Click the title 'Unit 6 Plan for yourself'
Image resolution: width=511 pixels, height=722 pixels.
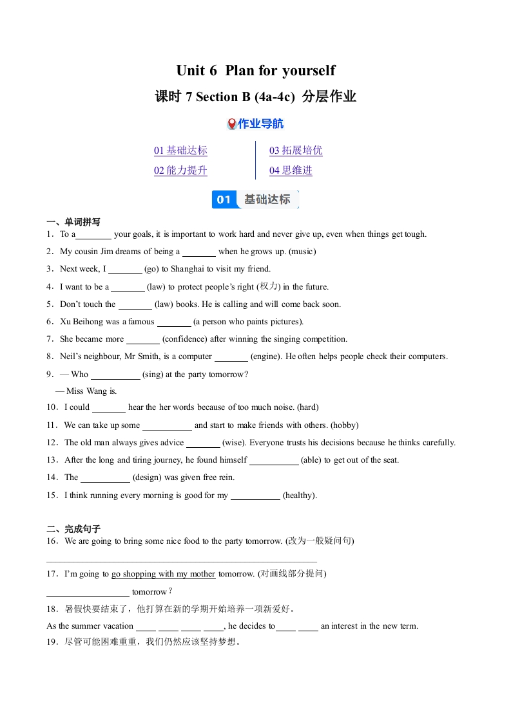point(256,70)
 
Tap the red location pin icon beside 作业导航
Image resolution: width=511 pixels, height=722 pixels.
point(232,124)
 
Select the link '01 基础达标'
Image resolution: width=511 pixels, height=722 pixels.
point(180,151)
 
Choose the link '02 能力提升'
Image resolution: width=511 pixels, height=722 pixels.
point(180,171)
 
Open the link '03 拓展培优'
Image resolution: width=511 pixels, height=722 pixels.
point(296,151)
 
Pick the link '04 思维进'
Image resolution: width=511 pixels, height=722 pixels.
point(291,171)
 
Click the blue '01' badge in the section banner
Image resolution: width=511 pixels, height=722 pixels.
point(224,199)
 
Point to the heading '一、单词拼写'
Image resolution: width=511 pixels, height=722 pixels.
point(73,222)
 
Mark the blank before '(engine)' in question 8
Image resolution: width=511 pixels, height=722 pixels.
point(231,357)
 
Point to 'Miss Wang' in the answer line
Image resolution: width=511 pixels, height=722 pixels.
point(84,391)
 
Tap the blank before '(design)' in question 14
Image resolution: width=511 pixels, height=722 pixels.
point(105,478)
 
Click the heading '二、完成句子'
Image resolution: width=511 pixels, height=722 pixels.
point(73,529)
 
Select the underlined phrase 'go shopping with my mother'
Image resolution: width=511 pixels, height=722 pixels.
point(163,574)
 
